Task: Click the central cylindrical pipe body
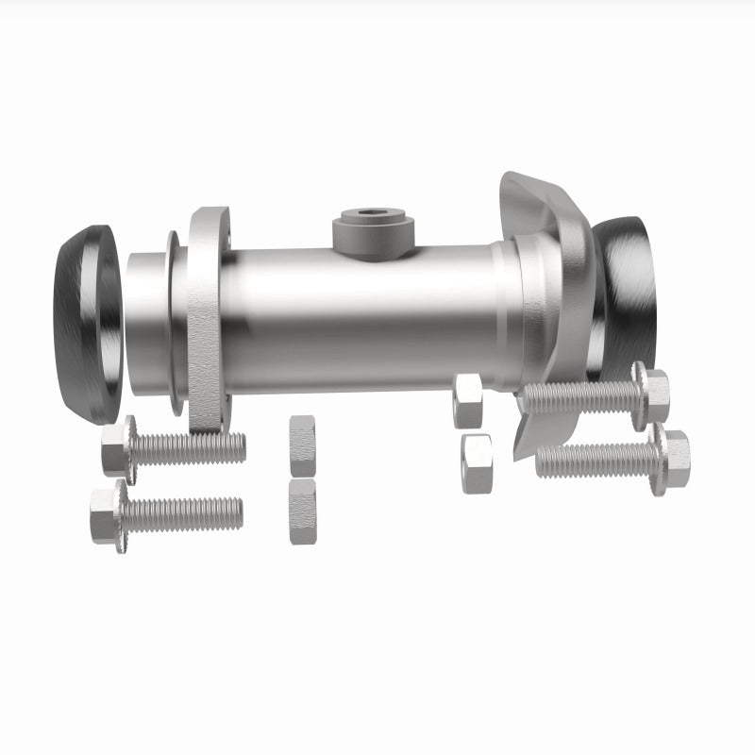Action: point(368,321)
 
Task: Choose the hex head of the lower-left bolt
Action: point(106,514)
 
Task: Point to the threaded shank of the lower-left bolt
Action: point(184,513)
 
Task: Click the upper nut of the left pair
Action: point(303,445)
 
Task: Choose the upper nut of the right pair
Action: point(468,400)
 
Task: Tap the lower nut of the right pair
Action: point(478,463)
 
